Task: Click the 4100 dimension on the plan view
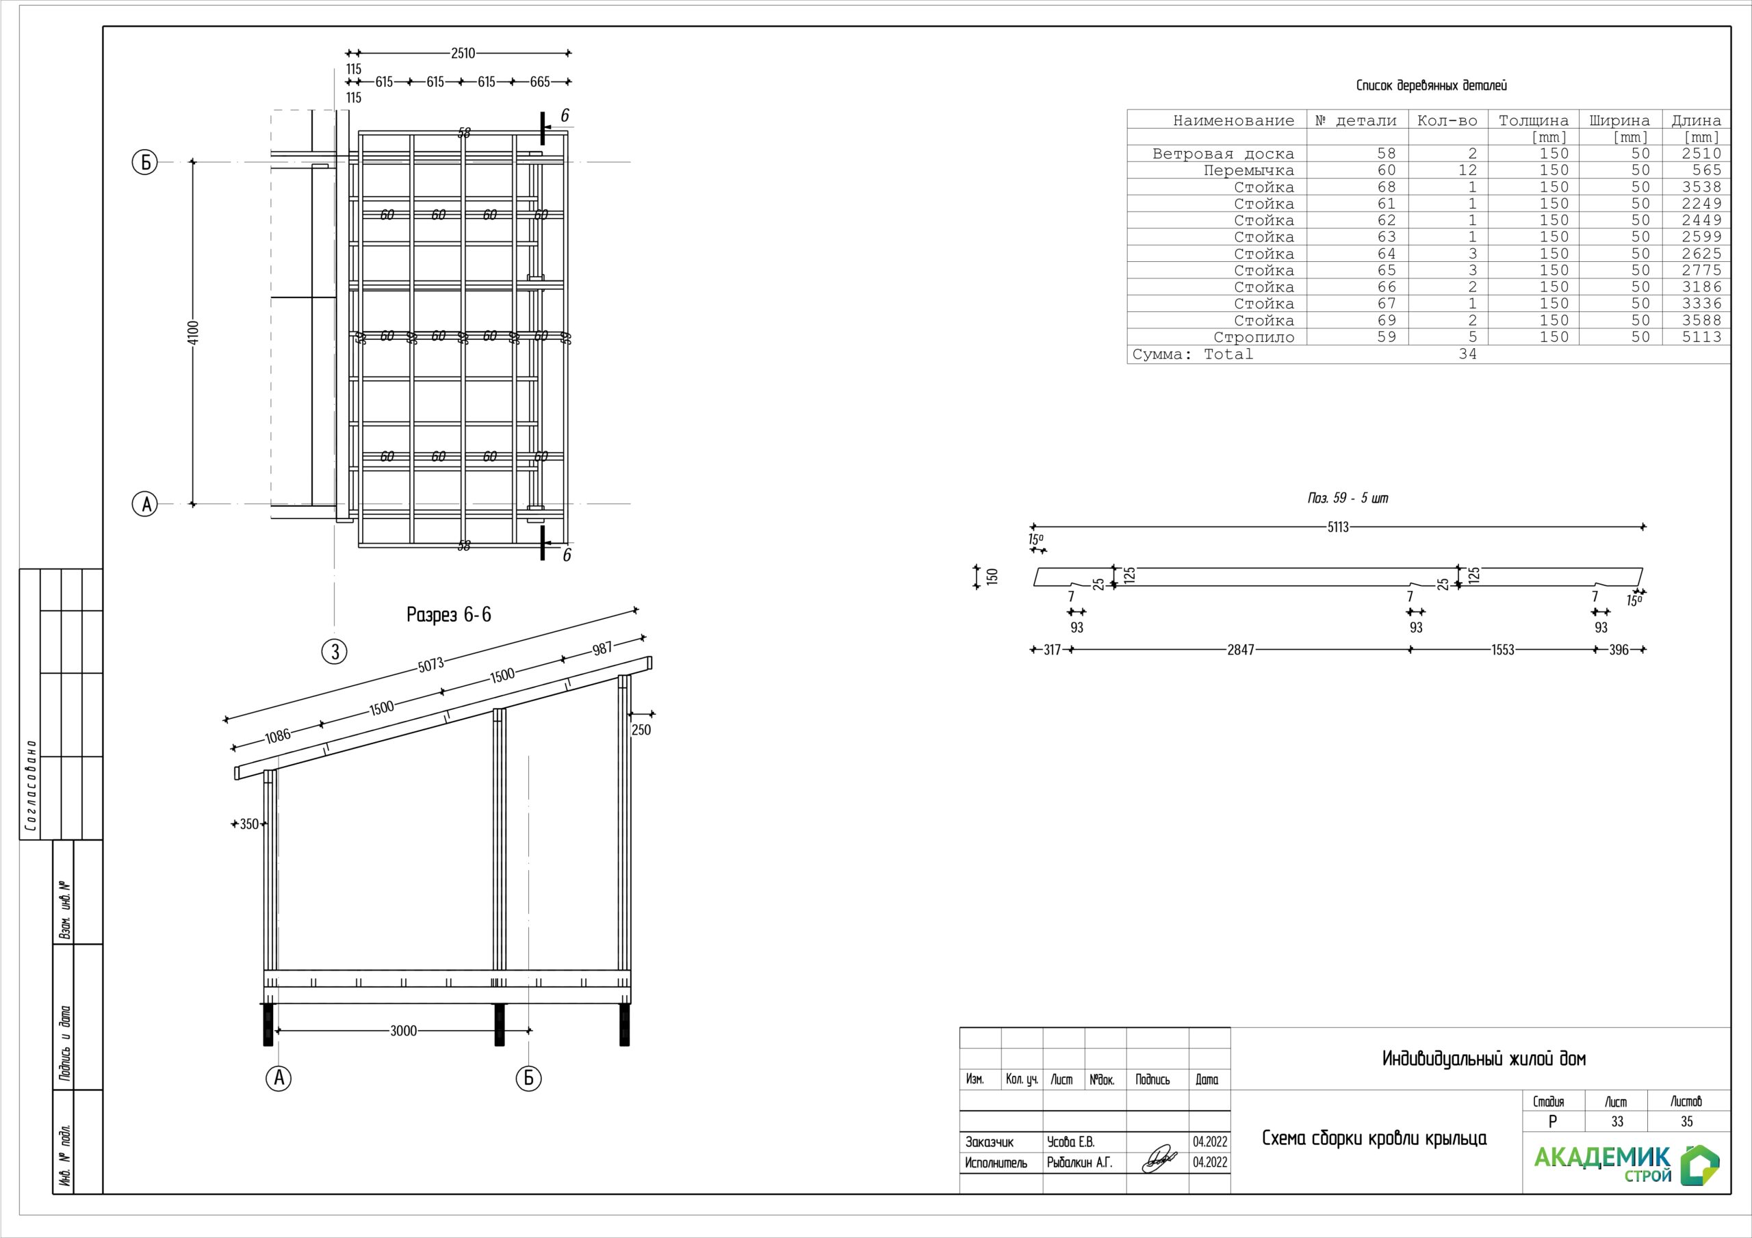[x=193, y=332]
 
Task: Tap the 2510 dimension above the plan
[x=463, y=53]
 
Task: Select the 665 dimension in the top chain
[x=539, y=81]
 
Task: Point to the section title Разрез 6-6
[x=449, y=615]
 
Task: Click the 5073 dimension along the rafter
[x=430, y=665]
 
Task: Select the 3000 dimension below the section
[x=403, y=1031]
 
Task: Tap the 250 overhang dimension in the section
[x=641, y=730]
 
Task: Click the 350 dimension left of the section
[x=248, y=825]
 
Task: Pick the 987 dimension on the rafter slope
[x=602, y=649]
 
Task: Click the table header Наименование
[x=1233, y=120]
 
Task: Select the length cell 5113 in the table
[x=1701, y=337]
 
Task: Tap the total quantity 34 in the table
[x=1467, y=354]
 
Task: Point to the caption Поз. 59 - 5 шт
[x=1348, y=498]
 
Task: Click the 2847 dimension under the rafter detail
[x=1240, y=650]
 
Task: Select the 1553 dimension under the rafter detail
[x=1502, y=650]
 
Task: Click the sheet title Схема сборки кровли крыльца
[x=1374, y=1139]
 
